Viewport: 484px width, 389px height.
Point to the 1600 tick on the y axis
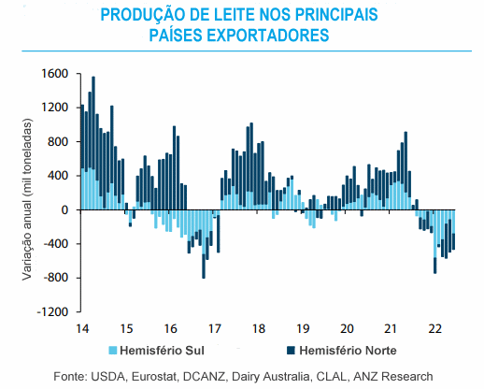(x=55, y=74)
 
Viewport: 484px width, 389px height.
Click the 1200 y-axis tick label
(x=55, y=108)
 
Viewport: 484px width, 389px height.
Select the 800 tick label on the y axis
(x=58, y=142)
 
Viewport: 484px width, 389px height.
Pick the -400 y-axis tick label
(x=56, y=244)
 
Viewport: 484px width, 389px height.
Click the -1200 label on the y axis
(x=52, y=311)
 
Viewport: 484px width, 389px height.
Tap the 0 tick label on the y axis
(x=64, y=210)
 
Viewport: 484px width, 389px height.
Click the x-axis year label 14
(x=82, y=328)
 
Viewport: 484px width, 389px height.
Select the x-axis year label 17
(x=215, y=328)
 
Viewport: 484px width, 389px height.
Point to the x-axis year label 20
(x=347, y=328)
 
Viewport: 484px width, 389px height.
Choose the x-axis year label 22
(x=435, y=328)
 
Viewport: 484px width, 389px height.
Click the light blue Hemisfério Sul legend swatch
(x=112, y=351)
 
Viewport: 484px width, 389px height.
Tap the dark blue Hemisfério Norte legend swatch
(x=291, y=351)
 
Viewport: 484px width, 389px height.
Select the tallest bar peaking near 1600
(x=93, y=143)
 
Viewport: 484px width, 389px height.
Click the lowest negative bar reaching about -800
(x=204, y=244)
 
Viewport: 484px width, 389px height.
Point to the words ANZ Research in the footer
(x=393, y=377)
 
